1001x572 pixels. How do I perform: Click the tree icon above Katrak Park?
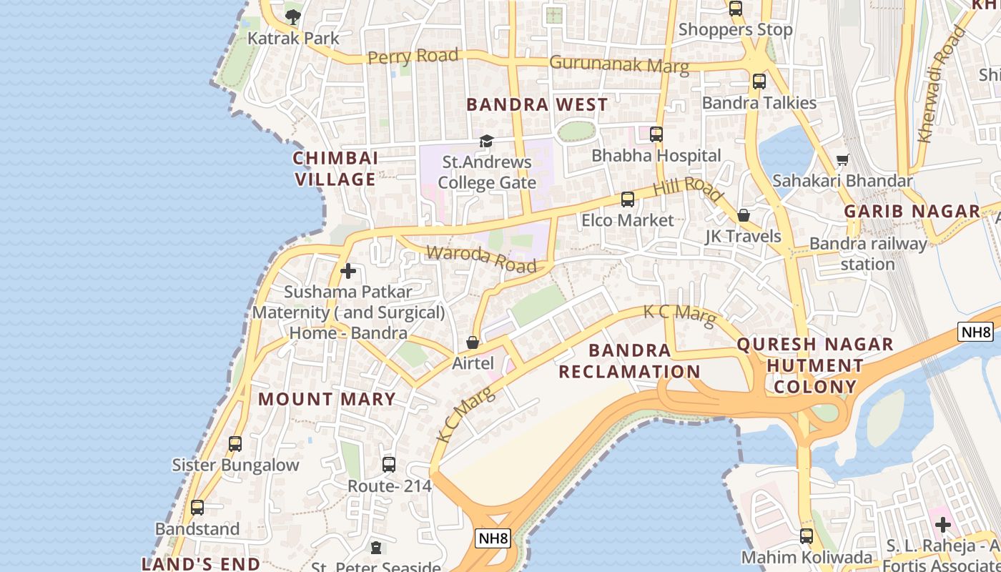tap(292, 16)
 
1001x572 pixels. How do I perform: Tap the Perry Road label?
tap(413, 56)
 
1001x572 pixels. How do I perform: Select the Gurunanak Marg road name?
tap(618, 64)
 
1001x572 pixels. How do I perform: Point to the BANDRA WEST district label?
tap(537, 104)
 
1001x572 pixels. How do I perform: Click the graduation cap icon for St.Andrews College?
tap(486, 141)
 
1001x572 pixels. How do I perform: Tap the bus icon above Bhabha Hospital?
tap(656, 134)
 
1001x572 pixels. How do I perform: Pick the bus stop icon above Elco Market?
tap(627, 199)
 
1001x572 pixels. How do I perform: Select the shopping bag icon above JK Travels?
tap(743, 215)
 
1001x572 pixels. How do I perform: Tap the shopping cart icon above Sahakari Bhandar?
tap(843, 160)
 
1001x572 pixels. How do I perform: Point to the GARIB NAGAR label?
tap(912, 211)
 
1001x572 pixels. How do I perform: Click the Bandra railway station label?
tap(867, 254)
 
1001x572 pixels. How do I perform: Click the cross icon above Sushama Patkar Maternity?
tap(348, 271)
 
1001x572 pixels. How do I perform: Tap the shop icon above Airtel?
tap(472, 342)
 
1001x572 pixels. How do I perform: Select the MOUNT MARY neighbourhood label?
tap(327, 399)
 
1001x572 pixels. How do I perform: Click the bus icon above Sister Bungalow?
tap(235, 444)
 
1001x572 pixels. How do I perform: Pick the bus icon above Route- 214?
tap(388, 465)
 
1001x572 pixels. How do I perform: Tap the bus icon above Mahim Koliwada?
tap(806, 536)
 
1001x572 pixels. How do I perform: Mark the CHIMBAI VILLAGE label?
tap(335, 169)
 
